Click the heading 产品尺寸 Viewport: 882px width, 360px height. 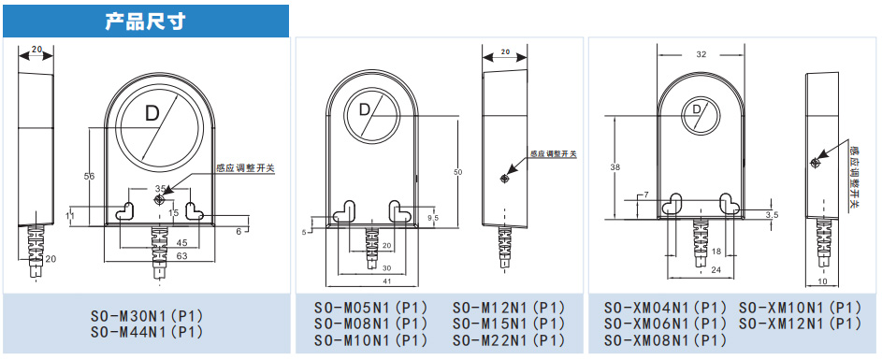click(145, 22)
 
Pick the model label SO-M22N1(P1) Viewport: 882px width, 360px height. click(509, 340)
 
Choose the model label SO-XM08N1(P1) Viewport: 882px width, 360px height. click(666, 340)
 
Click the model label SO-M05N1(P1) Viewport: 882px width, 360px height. click(370, 308)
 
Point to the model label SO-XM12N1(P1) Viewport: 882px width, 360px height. click(800, 324)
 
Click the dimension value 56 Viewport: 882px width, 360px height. click(89, 177)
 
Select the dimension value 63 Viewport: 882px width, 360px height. click(166, 257)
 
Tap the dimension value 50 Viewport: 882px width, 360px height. click(458, 171)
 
